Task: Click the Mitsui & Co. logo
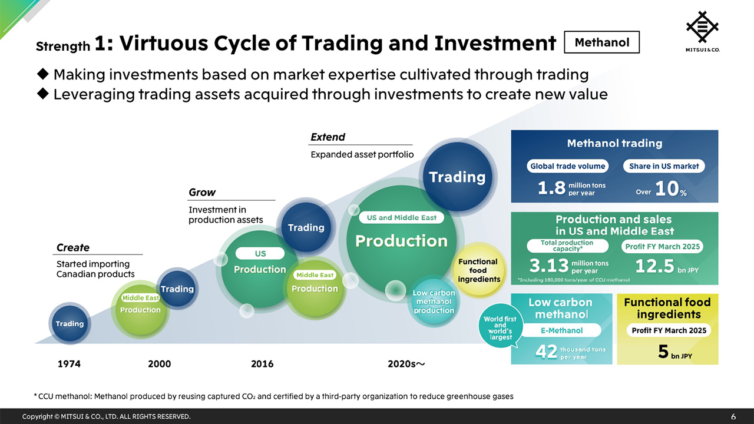(x=703, y=31)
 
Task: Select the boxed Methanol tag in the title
(x=601, y=42)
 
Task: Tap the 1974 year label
(x=69, y=364)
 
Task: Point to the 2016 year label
(x=262, y=364)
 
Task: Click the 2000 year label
(x=159, y=364)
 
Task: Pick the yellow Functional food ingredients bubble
(x=478, y=270)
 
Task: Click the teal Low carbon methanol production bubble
(x=434, y=302)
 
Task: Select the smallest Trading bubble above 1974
(x=70, y=323)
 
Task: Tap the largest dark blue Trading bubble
(x=457, y=177)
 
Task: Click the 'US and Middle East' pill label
(x=401, y=217)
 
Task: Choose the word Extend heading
(x=328, y=137)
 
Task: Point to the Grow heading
(x=202, y=193)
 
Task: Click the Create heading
(x=73, y=248)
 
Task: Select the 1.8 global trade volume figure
(x=551, y=188)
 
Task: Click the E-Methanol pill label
(x=561, y=330)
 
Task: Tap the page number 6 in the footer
(x=733, y=416)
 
